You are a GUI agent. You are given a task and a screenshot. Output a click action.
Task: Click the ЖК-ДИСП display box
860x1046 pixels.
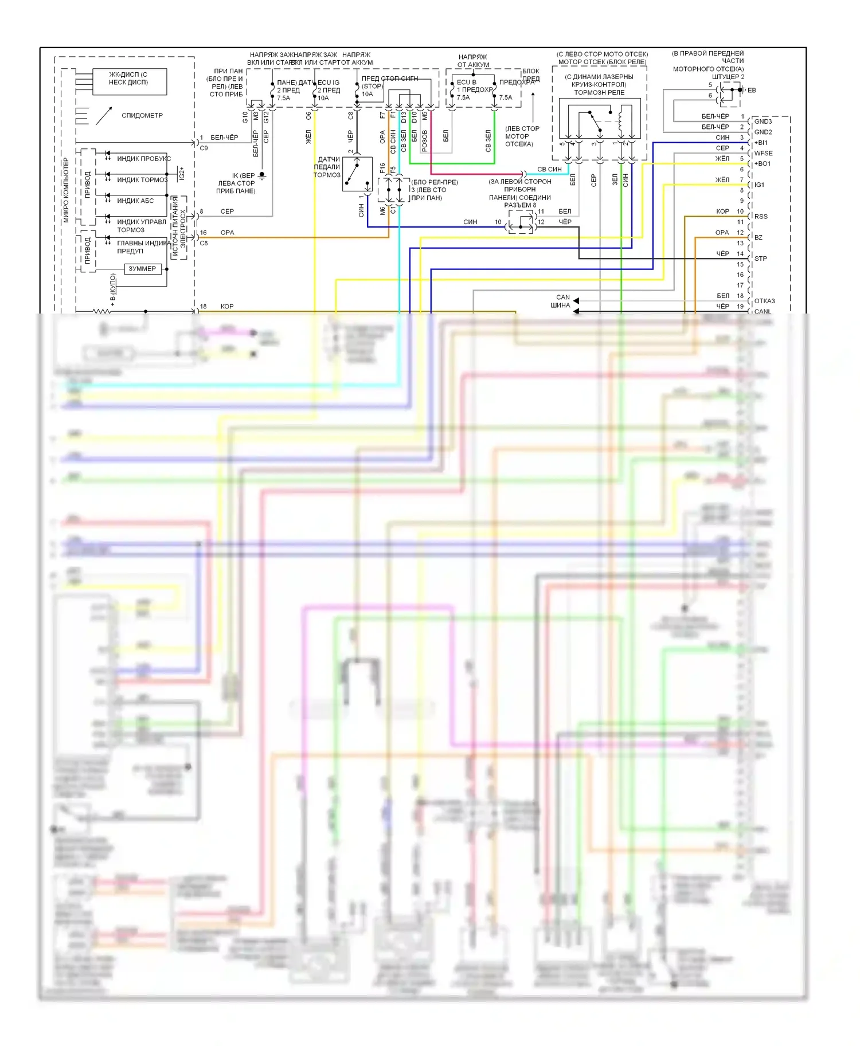coord(129,81)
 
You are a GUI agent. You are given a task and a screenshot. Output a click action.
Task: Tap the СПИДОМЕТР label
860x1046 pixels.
coord(142,116)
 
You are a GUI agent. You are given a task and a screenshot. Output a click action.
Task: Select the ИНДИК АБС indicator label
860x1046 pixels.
coord(135,201)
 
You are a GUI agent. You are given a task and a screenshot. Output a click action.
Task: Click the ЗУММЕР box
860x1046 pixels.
coord(142,269)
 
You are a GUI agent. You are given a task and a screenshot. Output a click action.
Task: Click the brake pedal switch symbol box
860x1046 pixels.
coord(357,174)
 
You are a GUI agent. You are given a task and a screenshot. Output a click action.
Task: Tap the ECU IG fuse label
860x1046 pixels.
coord(329,83)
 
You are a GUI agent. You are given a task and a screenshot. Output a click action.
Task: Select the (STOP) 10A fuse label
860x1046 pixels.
coord(372,90)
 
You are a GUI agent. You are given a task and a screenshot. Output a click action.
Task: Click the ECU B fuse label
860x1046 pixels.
coord(467,82)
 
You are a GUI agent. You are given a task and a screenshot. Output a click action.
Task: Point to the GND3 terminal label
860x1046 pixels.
coord(763,122)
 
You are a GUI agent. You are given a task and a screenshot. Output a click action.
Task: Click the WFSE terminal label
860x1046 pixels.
coord(763,154)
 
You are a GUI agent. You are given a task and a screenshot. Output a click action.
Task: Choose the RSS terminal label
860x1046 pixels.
coord(761,217)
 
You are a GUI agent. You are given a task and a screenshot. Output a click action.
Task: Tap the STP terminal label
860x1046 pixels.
coord(761,258)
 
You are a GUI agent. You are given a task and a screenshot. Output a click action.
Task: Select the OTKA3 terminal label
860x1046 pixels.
coord(764,301)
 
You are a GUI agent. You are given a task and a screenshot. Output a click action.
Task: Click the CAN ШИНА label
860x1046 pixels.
coord(561,301)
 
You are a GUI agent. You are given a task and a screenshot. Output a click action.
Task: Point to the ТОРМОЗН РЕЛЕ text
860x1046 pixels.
coord(599,92)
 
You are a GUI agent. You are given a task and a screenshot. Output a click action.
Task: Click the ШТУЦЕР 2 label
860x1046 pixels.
coord(728,77)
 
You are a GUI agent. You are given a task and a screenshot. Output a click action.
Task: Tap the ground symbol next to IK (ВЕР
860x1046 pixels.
coord(262,175)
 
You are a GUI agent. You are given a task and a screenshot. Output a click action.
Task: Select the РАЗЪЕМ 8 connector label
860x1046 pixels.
coord(520,205)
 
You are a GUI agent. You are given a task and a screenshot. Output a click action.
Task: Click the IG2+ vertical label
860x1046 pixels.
coord(182,174)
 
